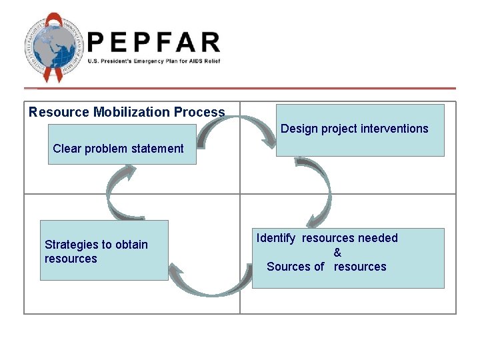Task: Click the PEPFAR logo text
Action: click(153, 43)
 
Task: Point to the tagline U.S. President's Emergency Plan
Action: click(153, 61)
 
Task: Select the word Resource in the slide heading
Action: click(59, 112)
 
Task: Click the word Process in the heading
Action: click(199, 112)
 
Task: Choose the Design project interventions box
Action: click(360, 130)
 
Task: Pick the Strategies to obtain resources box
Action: click(104, 251)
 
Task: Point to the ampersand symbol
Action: click(337, 253)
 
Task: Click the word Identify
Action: click(277, 238)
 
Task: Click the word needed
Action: click(377, 238)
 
